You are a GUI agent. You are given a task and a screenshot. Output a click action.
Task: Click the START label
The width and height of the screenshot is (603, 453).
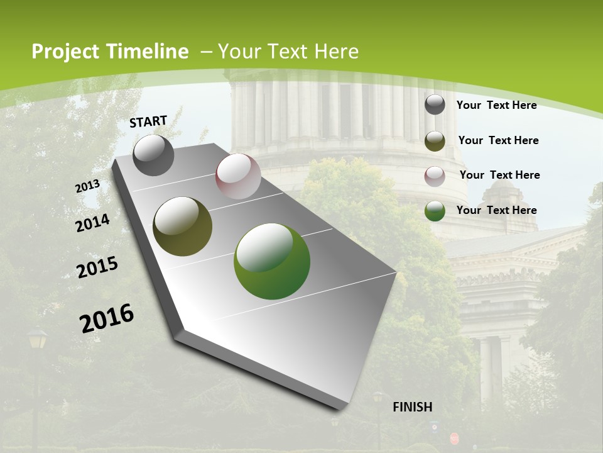pos(148,121)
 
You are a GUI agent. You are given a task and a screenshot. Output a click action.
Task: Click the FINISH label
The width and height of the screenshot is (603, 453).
pos(412,407)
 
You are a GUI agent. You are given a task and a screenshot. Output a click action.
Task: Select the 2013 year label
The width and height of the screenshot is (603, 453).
pos(88,186)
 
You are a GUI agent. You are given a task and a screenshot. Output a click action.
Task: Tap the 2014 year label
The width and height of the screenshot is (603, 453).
pos(93,223)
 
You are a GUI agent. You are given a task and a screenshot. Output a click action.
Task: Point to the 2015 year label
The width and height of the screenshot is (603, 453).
pos(97,267)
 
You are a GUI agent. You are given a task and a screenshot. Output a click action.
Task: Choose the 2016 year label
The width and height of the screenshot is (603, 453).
pos(107,318)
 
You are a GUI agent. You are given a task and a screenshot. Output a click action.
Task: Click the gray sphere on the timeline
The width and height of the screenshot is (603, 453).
pos(153,155)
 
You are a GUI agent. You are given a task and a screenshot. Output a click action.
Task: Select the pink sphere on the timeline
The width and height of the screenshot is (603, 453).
pos(238,176)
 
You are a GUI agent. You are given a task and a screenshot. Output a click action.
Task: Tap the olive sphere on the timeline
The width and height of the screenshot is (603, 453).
pos(183,226)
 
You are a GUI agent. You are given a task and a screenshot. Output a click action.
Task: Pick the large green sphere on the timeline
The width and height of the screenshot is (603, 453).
pos(272,261)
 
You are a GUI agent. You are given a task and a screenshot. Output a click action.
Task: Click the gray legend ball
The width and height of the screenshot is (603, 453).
pos(435,104)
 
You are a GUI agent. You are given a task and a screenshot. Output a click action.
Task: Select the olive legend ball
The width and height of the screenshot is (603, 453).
pos(435,141)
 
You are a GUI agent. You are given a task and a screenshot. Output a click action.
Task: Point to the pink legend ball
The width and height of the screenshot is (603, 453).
pos(435,176)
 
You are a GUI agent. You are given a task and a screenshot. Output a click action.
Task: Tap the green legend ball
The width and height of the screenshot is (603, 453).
pos(435,211)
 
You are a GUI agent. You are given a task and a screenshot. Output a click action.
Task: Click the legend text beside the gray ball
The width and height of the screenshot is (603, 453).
pos(496,105)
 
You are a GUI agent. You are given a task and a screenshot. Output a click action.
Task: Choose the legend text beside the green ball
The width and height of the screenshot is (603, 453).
pos(496,210)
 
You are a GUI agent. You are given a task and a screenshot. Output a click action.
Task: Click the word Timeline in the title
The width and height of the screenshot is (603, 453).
pos(148,52)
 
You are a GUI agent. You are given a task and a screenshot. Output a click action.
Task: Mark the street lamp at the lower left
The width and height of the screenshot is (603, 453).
pos(37,340)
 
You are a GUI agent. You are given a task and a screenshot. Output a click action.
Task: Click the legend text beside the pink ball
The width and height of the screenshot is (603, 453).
pos(499,175)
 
